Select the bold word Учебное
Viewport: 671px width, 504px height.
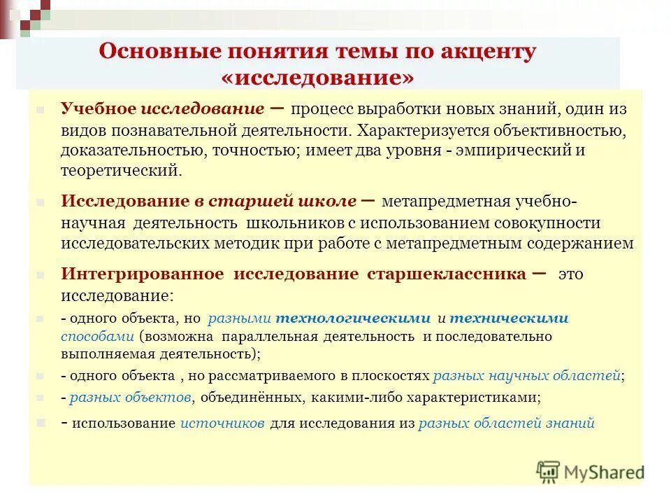coord(98,110)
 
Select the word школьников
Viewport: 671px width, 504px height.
coord(304,223)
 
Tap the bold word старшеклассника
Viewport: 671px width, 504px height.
coord(447,274)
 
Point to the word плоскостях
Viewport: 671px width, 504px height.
coord(396,376)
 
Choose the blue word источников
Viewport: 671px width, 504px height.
coord(222,423)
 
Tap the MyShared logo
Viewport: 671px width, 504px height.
coord(591,471)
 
